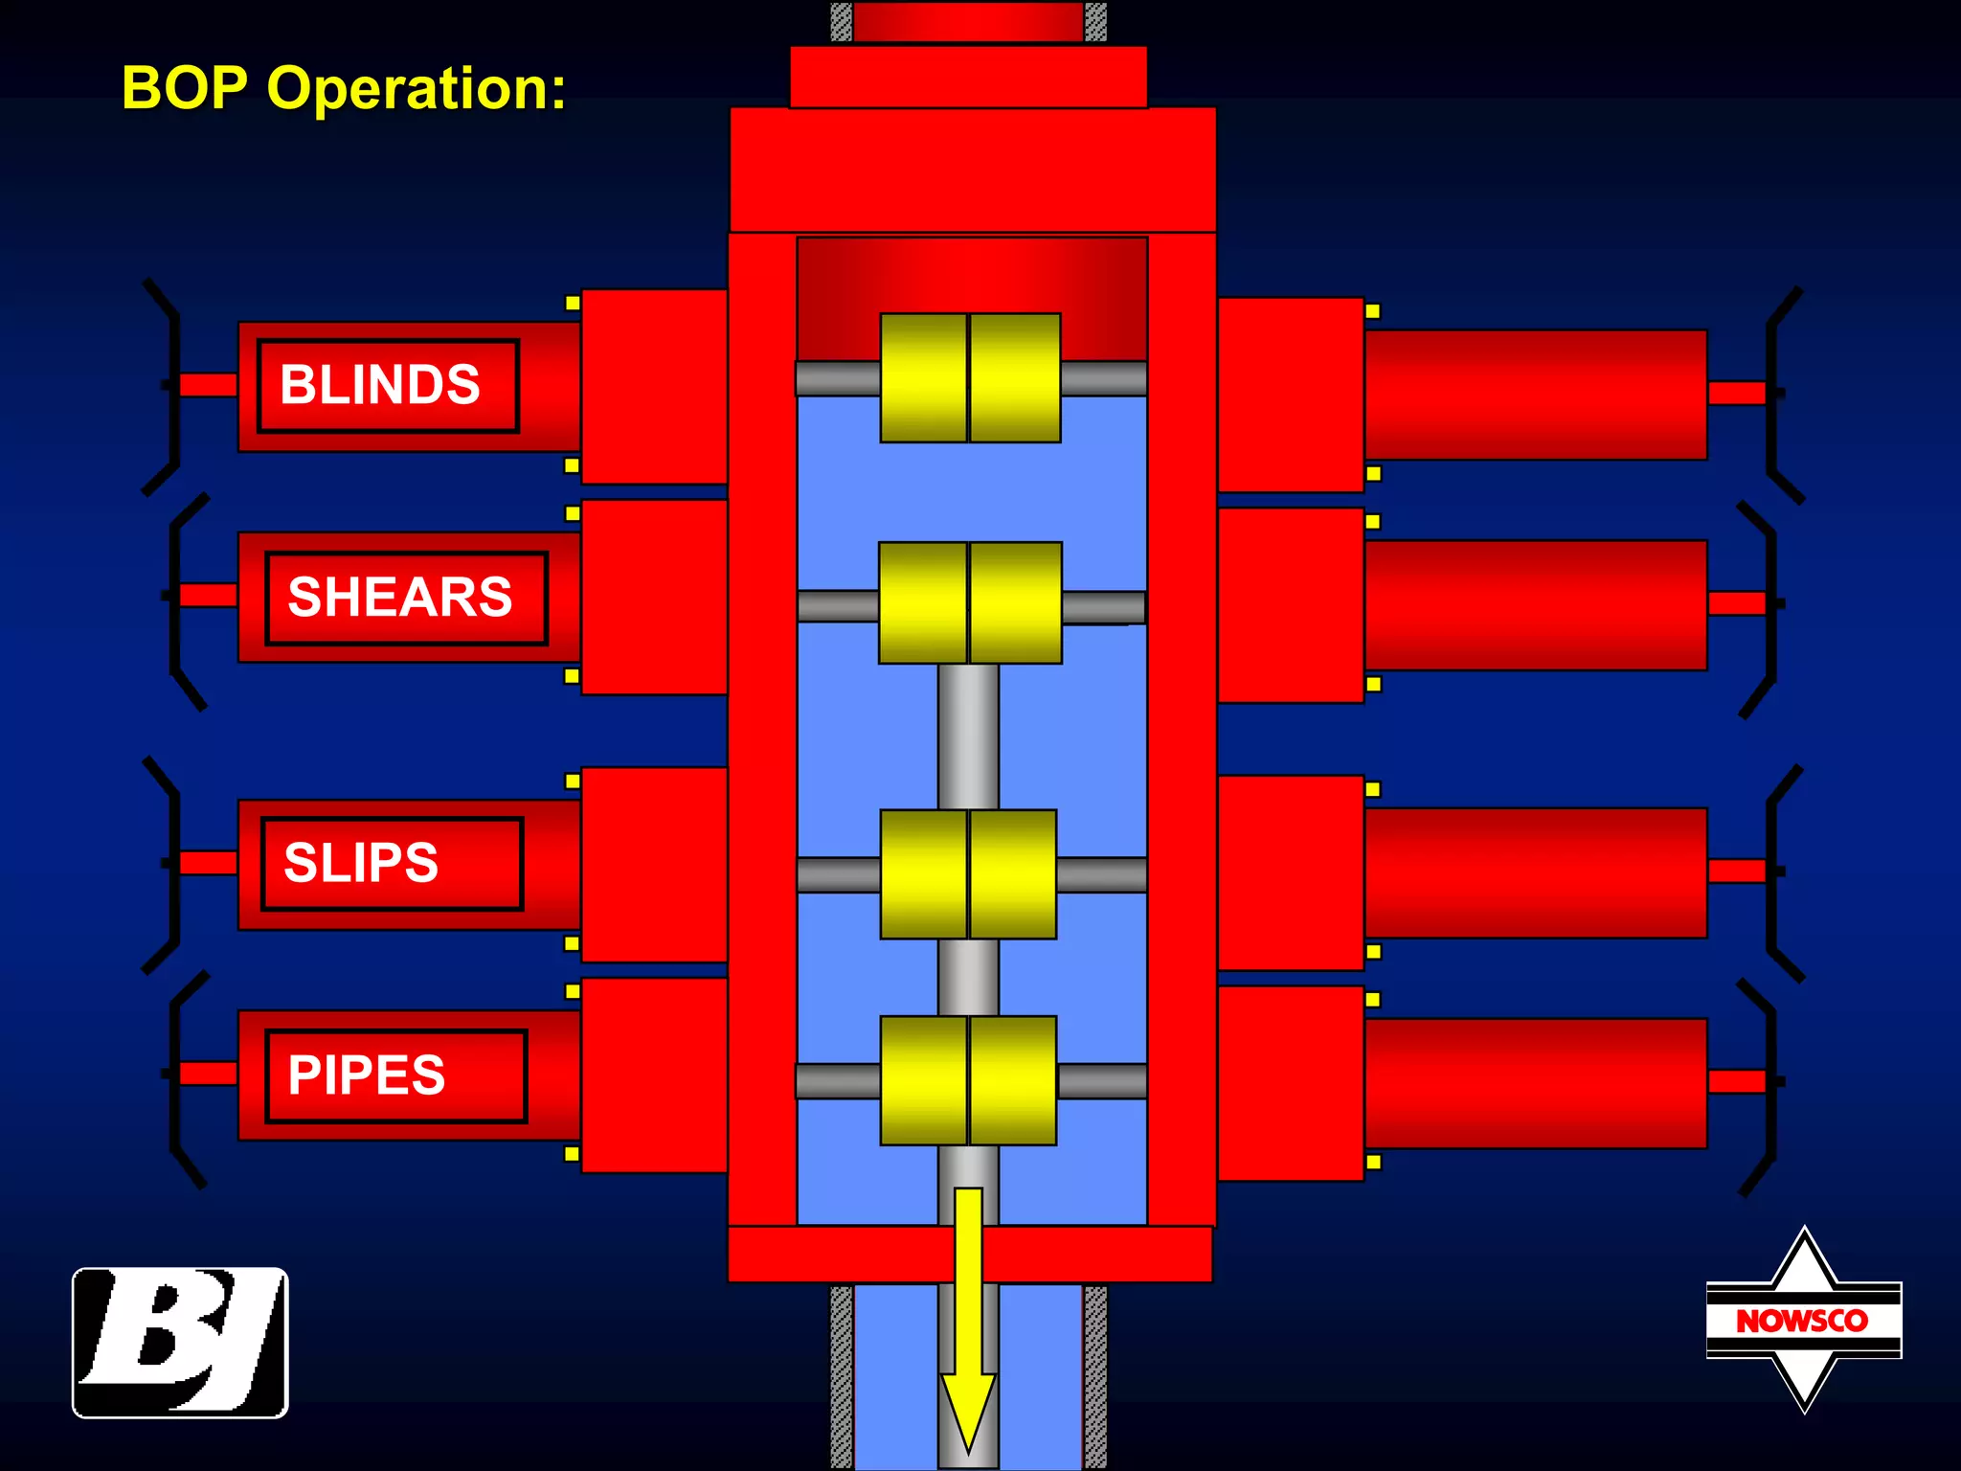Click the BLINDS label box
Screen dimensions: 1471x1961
pyautogui.click(x=388, y=386)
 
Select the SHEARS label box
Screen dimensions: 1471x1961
pyautogui.click(x=406, y=599)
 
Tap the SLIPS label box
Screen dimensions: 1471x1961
pyautogui.click(x=392, y=863)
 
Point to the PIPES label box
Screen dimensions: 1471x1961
pyautogui.click(x=395, y=1075)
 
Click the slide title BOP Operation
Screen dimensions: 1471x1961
pyautogui.click(x=344, y=89)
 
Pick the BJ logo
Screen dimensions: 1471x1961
pyautogui.click(x=180, y=1343)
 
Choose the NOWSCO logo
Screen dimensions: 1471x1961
pyautogui.click(x=1803, y=1320)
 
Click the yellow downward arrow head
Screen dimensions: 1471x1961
pyautogui.click(x=968, y=1408)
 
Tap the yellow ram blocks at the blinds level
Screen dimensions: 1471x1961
pyautogui.click(x=970, y=378)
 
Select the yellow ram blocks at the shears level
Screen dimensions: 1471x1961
pyautogui.click(x=970, y=603)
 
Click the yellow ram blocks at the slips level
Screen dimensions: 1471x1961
pyautogui.click(x=968, y=874)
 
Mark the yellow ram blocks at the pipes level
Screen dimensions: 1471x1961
pyautogui.click(x=968, y=1080)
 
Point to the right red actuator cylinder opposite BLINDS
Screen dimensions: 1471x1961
pyautogui.click(x=1535, y=395)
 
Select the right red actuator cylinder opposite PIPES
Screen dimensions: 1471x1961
pyautogui.click(x=1535, y=1083)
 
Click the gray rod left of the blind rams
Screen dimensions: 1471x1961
pyautogui.click(x=838, y=378)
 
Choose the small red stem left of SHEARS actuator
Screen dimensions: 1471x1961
pyautogui.click(x=209, y=595)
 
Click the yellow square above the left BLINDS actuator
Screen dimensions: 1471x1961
pyautogui.click(x=573, y=303)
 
